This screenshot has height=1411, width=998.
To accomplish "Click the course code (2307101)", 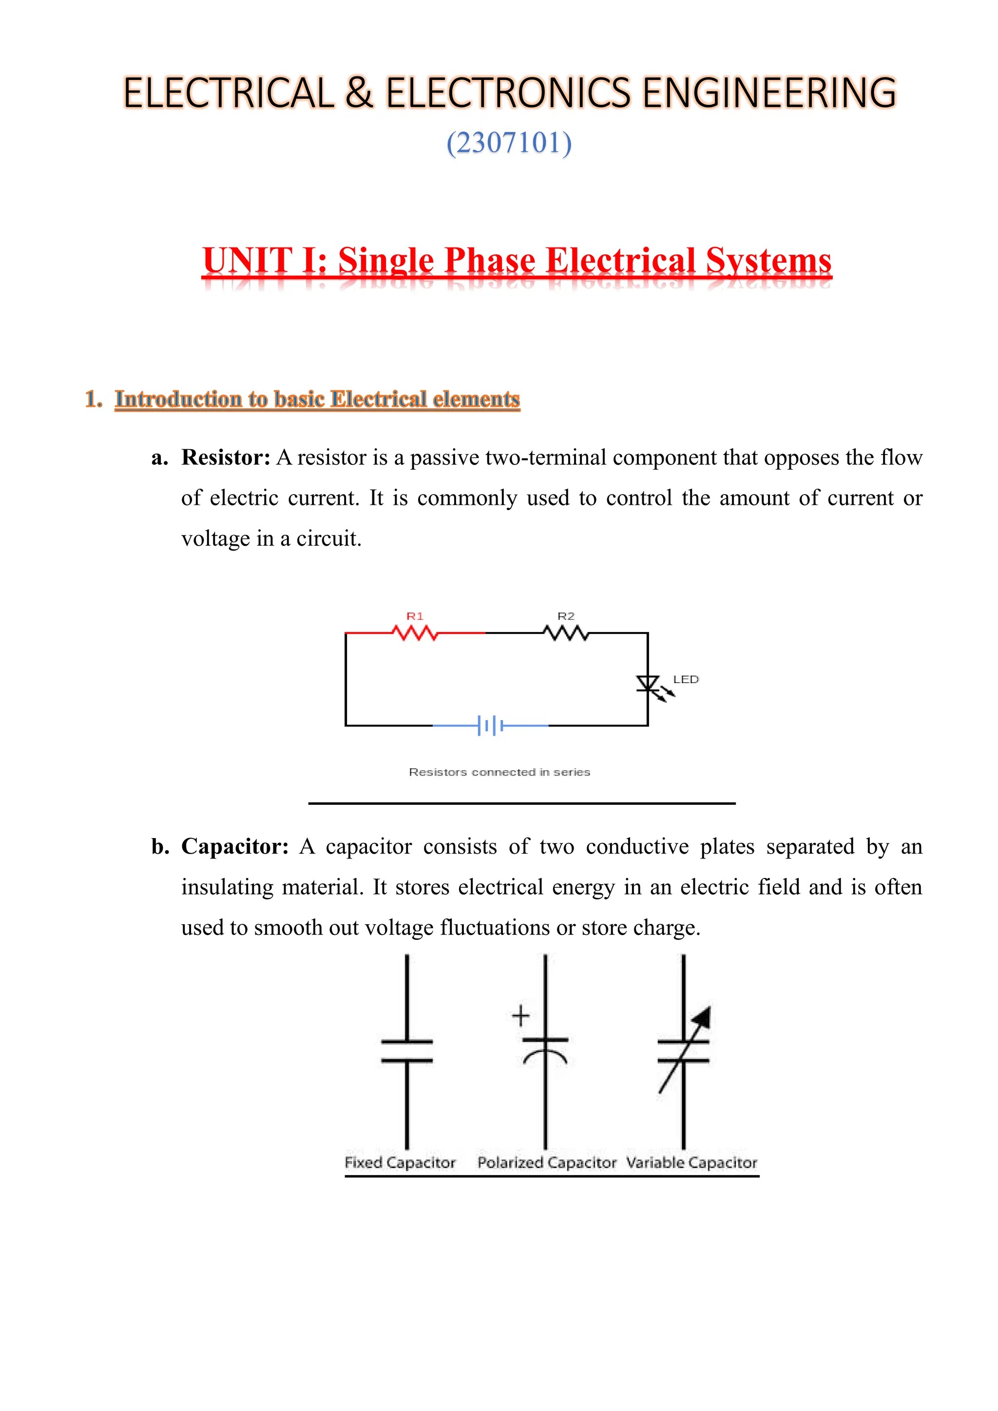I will pos(509,143).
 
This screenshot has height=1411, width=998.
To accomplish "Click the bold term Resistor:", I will pos(226,458).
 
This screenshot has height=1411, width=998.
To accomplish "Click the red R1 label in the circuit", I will pos(415,616).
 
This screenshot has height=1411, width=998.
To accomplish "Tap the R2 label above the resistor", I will pos(566,616).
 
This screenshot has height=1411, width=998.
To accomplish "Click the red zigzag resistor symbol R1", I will pos(415,632).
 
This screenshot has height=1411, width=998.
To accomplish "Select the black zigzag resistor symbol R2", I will pos(566,632).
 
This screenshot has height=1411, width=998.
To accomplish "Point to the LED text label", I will pos(686,679).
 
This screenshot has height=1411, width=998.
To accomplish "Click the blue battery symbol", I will pos(490,726).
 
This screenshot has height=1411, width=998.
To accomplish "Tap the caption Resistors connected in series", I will pos(499,772).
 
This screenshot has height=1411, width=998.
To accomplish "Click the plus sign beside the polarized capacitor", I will pos(520,1016).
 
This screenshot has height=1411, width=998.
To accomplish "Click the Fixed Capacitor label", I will pos(400,1163).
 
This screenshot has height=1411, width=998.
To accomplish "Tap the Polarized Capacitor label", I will pos(546,1163).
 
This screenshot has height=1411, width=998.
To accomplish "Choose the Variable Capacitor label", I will pos(691,1163).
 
